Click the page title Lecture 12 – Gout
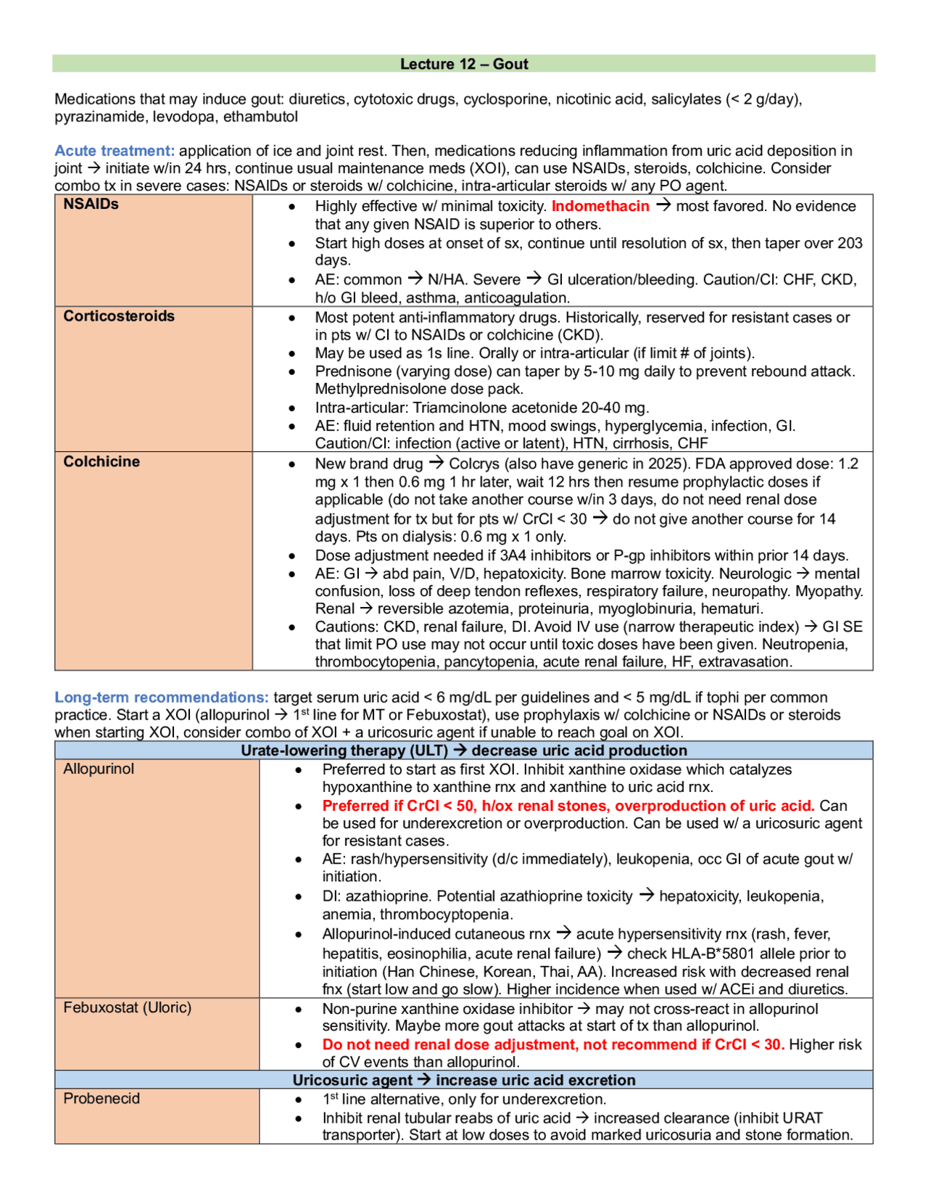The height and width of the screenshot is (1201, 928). (x=464, y=64)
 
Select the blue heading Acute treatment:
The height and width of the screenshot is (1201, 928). (x=115, y=151)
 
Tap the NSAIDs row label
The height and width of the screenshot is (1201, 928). (x=91, y=205)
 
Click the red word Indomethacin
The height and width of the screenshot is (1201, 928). (x=600, y=206)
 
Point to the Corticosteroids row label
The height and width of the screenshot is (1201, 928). (x=119, y=316)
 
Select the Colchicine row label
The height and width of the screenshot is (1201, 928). (x=101, y=462)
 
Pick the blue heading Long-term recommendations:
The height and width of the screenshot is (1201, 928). (x=161, y=698)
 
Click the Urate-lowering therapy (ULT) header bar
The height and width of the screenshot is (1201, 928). (x=464, y=751)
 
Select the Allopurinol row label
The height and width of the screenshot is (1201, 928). (x=99, y=769)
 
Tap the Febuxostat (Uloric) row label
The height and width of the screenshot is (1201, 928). (x=128, y=1007)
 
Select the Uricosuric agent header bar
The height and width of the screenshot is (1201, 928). (x=464, y=1080)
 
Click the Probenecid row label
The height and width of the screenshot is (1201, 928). (x=101, y=1099)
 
